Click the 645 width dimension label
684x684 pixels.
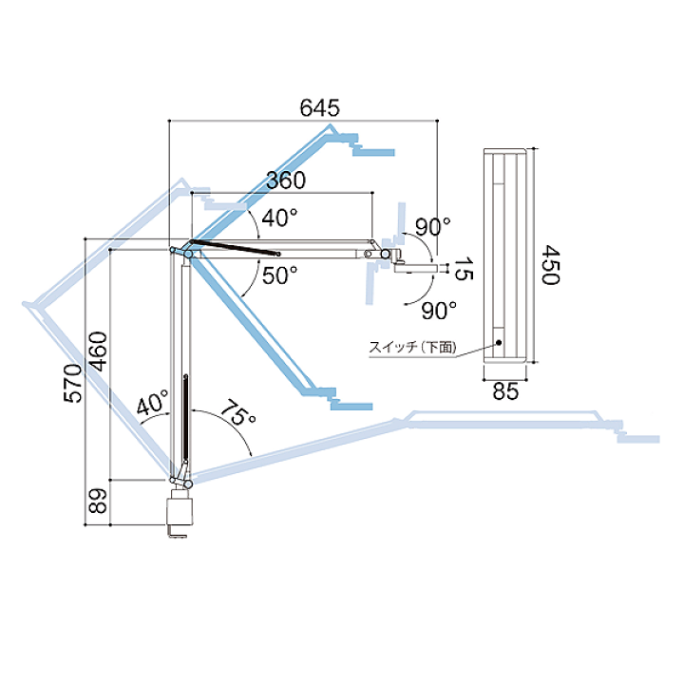coord(319,107)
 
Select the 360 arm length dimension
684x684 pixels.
coord(286,180)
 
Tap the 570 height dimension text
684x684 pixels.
coord(73,383)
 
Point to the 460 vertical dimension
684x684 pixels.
coord(98,351)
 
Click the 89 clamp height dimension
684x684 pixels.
coord(98,501)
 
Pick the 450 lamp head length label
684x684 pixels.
coord(550,265)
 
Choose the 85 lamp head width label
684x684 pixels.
coord(505,391)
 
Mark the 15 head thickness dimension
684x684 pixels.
coord(464,269)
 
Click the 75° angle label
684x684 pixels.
coord(236,412)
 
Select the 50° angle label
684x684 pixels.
coord(280,275)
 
